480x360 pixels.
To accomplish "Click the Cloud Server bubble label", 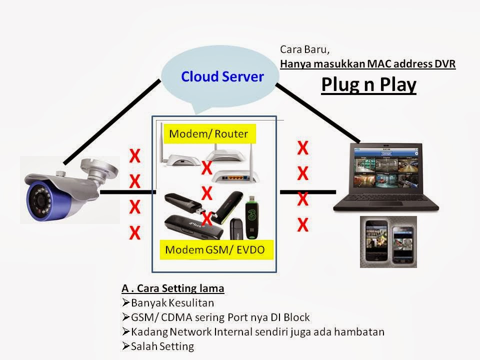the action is (x=222, y=76).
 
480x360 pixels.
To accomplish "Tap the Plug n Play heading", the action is (x=368, y=85).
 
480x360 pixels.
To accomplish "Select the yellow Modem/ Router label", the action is (x=208, y=134).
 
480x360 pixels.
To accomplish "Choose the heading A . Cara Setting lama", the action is (x=173, y=288).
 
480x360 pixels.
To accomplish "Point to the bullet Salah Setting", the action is (x=162, y=345).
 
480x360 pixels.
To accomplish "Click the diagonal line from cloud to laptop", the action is (x=317, y=112).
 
